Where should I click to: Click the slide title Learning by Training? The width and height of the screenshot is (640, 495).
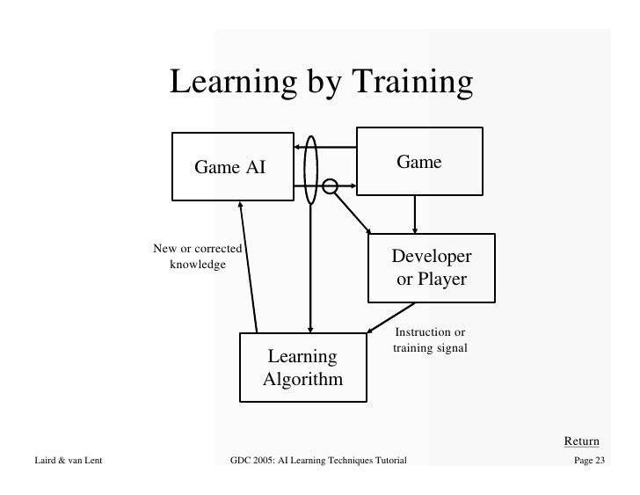[x=321, y=84]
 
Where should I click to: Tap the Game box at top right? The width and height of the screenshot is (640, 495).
[x=419, y=161]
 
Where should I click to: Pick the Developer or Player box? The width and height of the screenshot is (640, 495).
[x=431, y=268]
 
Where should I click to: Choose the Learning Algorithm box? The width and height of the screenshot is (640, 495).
[x=302, y=368]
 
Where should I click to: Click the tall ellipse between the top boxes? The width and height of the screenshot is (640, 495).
[x=310, y=171]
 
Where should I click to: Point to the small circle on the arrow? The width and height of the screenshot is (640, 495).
[x=331, y=186]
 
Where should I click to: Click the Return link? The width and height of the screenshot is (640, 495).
[x=581, y=440]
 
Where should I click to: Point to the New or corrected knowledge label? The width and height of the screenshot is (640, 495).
[x=198, y=256]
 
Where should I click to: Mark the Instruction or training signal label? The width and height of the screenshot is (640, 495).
[x=430, y=340]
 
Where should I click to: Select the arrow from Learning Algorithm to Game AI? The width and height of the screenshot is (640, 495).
[x=249, y=268]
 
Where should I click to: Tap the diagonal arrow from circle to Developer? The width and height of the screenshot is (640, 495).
[x=353, y=211]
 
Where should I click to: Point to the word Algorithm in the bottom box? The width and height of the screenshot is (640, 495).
[x=302, y=380]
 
